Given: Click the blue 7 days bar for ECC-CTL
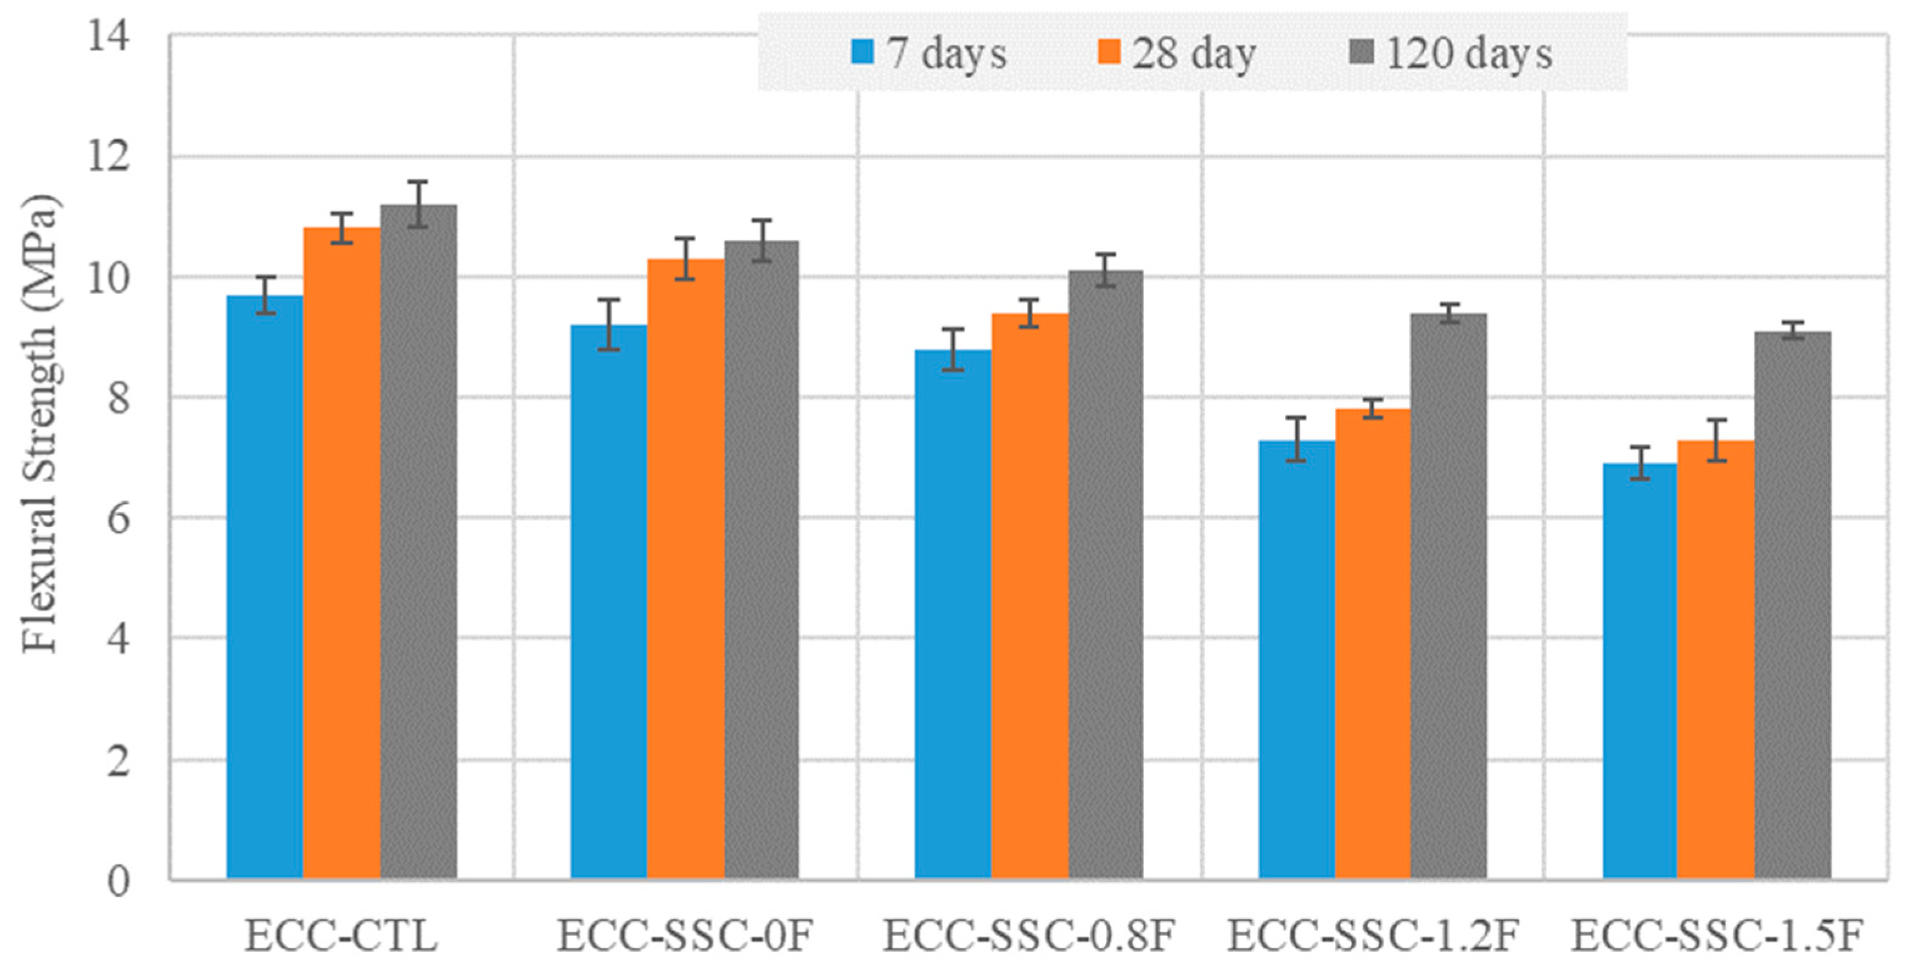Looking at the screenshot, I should (265, 586).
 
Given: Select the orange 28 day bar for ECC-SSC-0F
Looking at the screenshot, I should (686, 568).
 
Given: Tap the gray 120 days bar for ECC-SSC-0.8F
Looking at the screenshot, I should (1106, 575).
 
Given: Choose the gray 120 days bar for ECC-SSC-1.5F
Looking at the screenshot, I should (1792, 605).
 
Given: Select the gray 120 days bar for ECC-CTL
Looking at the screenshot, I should (418, 542).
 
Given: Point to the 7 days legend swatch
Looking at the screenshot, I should (863, 52).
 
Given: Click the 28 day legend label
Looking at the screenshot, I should (1194, 54).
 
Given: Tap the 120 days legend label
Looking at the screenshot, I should (1469, 54).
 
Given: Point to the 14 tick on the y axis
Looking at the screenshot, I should (109, 35).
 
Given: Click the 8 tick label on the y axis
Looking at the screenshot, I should (118, 398).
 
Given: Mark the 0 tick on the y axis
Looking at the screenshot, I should (118, 882).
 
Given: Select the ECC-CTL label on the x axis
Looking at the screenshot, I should (342, 936).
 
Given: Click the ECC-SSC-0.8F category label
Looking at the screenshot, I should (1029, 936).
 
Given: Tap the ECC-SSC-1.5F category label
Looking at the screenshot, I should (1717, 936).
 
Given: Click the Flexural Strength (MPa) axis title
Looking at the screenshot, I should (38, 423).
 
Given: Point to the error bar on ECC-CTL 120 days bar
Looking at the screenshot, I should (418, 204).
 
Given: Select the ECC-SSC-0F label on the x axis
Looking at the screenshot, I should (686, 936).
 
